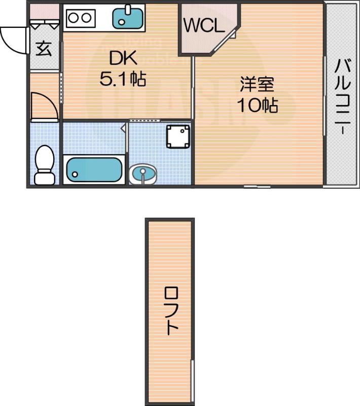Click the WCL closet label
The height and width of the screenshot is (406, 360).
pyautogui.click(x=203, y=26)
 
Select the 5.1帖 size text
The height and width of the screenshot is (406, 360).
pyautogui.click(x=123, y=79)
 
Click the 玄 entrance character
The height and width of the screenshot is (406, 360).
pyautogui.click(x=44, y=48)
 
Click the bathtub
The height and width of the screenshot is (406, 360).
pyautogui.click(x=94, y=170)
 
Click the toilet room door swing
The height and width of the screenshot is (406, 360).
pyautogui.click(x=43, y=106)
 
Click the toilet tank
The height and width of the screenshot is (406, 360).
pyautogui.click(x=45, y=178)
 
